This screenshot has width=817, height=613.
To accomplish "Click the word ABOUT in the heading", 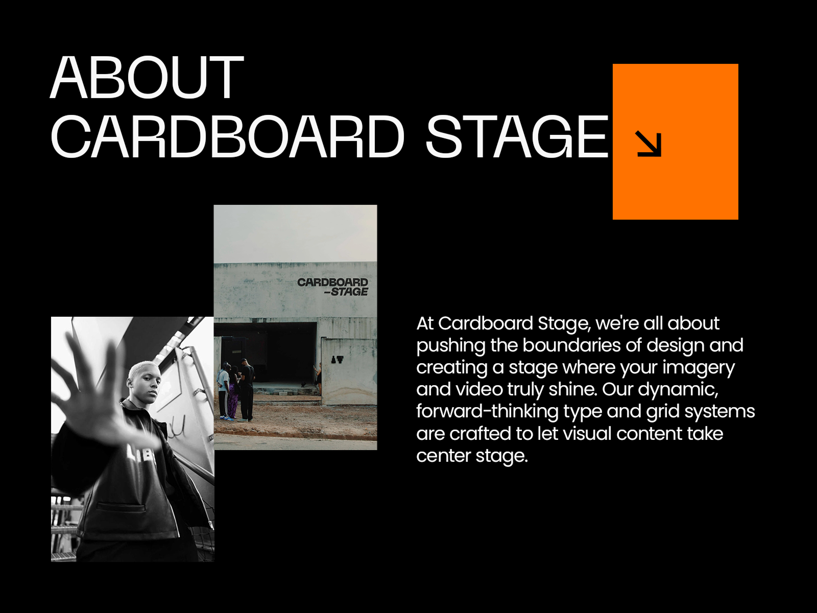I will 147,78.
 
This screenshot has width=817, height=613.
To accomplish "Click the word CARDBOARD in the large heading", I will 228,137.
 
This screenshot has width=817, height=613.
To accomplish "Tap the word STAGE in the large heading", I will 517,137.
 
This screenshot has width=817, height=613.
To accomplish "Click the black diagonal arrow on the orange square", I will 648,143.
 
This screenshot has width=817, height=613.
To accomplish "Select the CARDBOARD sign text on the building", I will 332,282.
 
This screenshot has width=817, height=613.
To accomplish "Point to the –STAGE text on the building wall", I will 346,292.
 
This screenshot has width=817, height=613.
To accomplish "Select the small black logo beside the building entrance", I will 337,360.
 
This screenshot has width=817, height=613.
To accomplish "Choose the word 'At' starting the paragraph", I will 425,323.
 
